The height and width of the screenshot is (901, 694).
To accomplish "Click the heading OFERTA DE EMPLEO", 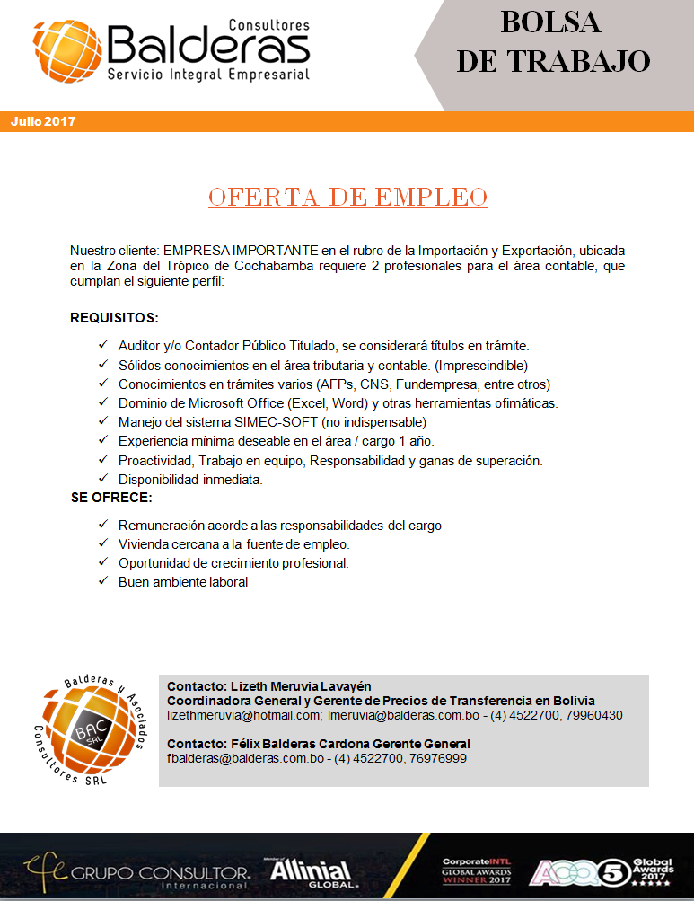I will click(x=347, y=198).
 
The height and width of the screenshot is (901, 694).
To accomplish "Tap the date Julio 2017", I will click(x=43, y=121).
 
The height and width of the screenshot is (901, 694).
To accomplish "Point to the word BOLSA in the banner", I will click(x=550, y=22).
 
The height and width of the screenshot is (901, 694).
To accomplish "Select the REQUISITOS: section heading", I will click(x=114, y=318).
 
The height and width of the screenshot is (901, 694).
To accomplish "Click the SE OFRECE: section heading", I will click(x=111, y=498).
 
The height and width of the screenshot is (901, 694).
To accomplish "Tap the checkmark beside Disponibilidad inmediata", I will click(x=102, y=479).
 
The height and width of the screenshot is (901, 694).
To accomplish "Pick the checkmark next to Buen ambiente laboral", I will click(x=102, y=581).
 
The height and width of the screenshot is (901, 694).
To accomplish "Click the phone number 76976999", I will click(x=437, y=758).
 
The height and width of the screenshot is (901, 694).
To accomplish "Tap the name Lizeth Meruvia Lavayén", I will click(x=294, y=686).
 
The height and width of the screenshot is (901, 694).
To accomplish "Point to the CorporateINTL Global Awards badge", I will click(x=476, y=870).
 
